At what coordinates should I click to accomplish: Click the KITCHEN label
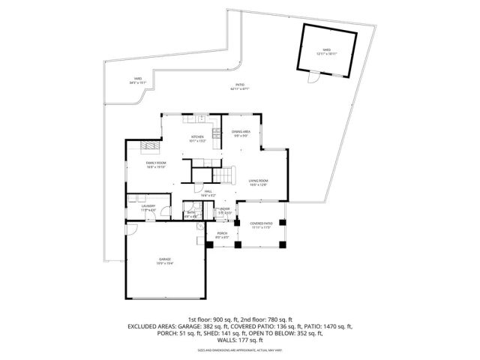pyautogui.click(x=196, y=138)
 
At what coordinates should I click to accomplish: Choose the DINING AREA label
pyautogui.click(x=241, y=133)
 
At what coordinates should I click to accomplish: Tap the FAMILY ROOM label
pyautogui.click(x=156, y=164)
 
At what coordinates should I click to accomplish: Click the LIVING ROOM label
pyautogui.click(x=258, y=182)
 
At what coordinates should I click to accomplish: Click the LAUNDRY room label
pyautogui.click(x=148, y=208)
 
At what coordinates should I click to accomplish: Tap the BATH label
pyautogui.click(x=191, y=214)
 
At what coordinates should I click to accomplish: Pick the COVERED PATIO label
pyautogui.click(x=261, y=225)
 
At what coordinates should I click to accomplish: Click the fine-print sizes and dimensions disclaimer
pyautogui.click(x=240, y=350)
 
